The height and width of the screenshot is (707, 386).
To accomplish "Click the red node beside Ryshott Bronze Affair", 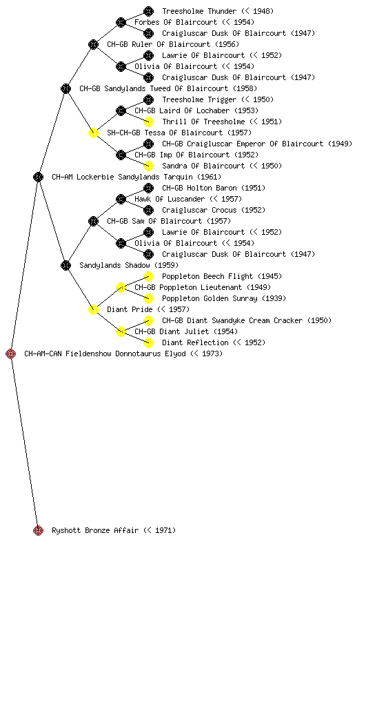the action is (x=38, y=530).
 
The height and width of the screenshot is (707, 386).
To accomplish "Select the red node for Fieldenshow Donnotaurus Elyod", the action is (x=11, y=353).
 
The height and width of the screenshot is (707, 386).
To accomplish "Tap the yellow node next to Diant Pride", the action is (x=93, y=309).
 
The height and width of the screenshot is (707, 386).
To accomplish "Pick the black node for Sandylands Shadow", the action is (x=65, y=265).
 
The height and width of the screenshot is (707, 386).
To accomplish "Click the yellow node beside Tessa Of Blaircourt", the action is (x=93, y=133).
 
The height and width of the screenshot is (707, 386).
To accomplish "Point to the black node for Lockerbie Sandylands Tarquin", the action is (x=38, y=177).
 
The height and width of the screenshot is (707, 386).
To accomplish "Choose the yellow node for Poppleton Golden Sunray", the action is (x=148, y=298).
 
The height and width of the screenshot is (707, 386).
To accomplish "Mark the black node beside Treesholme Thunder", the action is (x=148, y=11).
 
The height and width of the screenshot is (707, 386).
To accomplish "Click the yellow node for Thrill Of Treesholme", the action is (x=148, y=122).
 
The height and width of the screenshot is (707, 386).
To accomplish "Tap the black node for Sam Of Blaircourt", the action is (x=93, y=221).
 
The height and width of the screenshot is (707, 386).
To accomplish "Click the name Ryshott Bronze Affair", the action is (x=95, y=531).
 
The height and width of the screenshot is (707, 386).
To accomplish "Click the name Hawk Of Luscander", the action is (x=170, y=199).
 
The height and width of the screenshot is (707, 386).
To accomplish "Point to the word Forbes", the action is (x=145, y=22).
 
